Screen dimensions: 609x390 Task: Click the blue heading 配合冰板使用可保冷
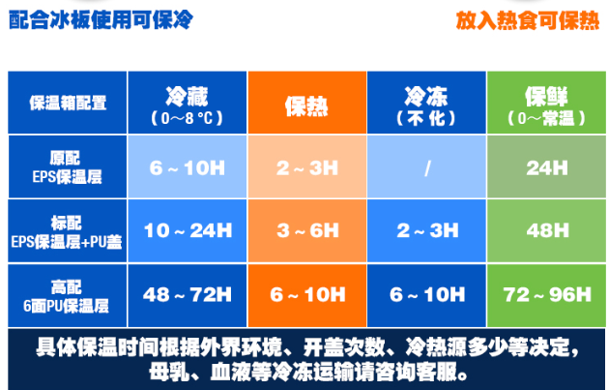101,19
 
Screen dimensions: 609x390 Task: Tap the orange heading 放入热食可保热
528,20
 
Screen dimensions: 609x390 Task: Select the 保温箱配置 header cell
68,103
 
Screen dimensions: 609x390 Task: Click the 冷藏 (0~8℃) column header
188,103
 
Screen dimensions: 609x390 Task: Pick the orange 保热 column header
307,103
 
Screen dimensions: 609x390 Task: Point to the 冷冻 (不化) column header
426,103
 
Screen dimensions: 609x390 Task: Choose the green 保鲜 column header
546,103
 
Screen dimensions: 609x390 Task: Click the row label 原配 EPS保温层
68,166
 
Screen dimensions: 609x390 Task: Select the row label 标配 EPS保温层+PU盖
68,231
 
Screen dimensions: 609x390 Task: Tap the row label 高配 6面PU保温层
68,295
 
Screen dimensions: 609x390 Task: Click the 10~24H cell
188,231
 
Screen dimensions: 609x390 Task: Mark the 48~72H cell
188,295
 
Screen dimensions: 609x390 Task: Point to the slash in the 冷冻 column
427,168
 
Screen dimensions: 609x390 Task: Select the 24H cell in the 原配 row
546,166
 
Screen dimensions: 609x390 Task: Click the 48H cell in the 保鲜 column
546,231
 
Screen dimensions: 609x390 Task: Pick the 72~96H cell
546,295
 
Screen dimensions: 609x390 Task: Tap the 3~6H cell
307,231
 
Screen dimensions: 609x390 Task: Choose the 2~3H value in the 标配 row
426,231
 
